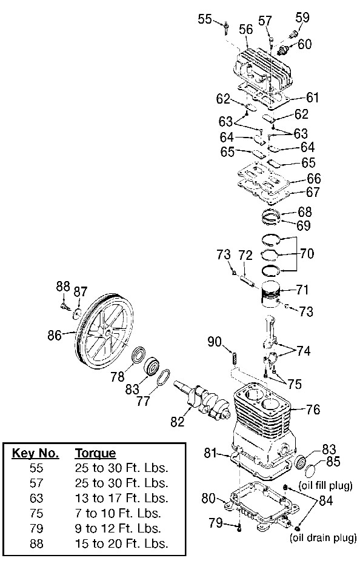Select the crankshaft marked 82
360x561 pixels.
pyautogui.click(x=203, y=398)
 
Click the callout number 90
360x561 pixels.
pyautogui.click(x=215, y=342)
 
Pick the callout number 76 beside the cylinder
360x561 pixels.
pyautogui.click(x=312, y=410)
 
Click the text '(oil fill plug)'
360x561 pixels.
pyautogui.click(x=325, y=485)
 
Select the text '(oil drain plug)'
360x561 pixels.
pyautogui.click(x=323, y=537)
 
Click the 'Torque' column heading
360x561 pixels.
pyautogui.click(x=95, y=453)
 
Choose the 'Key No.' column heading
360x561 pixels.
pyautogui.click(x=35, y=453)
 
